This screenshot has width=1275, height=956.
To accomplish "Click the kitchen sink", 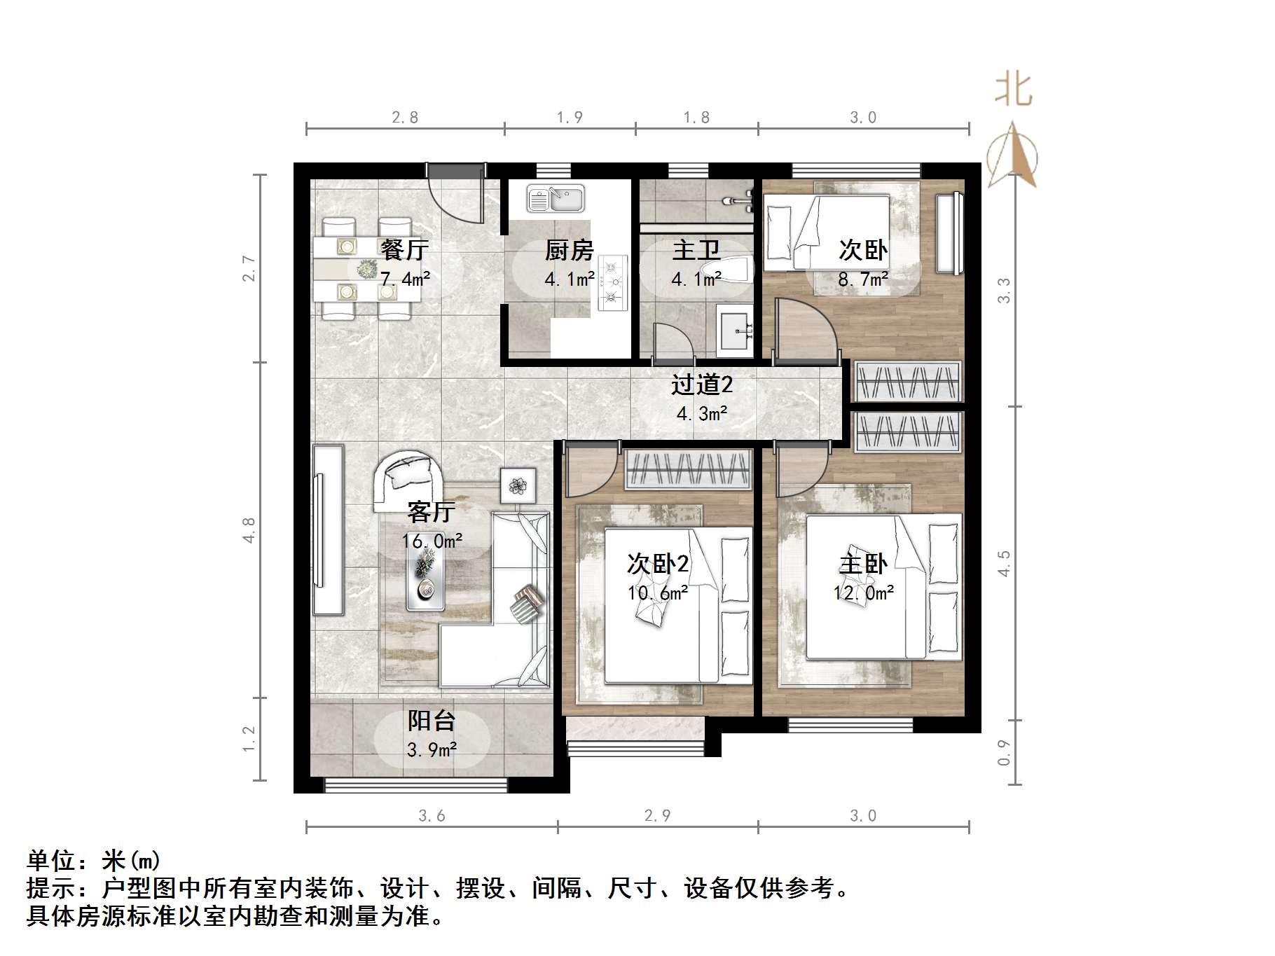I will [x=556, y=199].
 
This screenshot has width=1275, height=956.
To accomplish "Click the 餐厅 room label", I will [x=404, y=249].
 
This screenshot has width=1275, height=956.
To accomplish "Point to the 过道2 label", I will [x=701, y=385].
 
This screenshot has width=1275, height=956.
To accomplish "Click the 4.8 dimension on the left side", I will [x=249, y=530].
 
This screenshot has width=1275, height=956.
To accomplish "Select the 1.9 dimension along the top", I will [x=570, y=117].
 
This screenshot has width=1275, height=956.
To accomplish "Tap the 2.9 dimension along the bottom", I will [x=657, y=815].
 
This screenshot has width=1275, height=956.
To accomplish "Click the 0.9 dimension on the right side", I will [x=1004, y=752].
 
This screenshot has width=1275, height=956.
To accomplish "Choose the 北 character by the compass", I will [x=1014, y=90].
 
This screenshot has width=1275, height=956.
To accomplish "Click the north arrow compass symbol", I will [x=1012, y=155].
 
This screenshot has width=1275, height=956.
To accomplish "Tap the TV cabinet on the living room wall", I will [x=328, y=529].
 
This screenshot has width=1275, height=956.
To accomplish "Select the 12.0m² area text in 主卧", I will [x=863, y=593].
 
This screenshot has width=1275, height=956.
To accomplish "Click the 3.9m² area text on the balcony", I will [x=432, y=750].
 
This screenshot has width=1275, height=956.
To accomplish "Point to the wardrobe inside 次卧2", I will [x=688, y=469].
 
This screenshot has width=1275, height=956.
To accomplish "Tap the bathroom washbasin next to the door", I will [x=736, y=328].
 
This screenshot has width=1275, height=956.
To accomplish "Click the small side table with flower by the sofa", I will [x=518, y=483].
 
